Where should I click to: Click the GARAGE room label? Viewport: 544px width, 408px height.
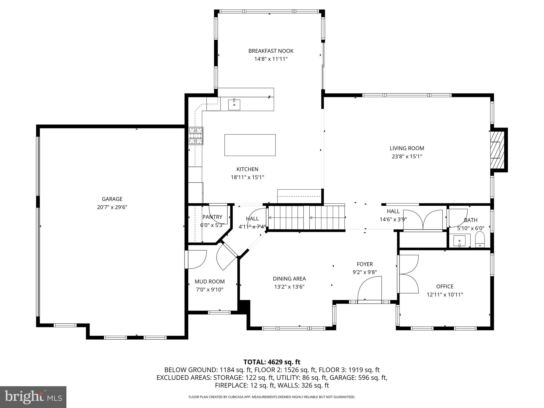112,199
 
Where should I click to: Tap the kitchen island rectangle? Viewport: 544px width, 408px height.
250,145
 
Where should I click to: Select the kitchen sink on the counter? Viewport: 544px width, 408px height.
234,105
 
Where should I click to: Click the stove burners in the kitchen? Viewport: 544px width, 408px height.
196,136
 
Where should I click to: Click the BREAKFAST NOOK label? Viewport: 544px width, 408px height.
271,51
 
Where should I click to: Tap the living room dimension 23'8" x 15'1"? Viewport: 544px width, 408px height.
407,156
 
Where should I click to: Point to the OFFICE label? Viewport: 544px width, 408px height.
445,286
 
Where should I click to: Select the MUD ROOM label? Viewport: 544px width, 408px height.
210,282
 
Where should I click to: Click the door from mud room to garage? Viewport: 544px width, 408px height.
197,259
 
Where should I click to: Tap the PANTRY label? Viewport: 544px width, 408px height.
212,217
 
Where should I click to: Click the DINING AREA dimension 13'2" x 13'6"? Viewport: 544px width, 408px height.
289,287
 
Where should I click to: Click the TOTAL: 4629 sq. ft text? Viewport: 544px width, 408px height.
272,362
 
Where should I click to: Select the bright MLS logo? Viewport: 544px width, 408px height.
33,397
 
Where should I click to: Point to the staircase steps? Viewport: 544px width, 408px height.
305,218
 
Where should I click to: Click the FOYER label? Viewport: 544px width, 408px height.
364,264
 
